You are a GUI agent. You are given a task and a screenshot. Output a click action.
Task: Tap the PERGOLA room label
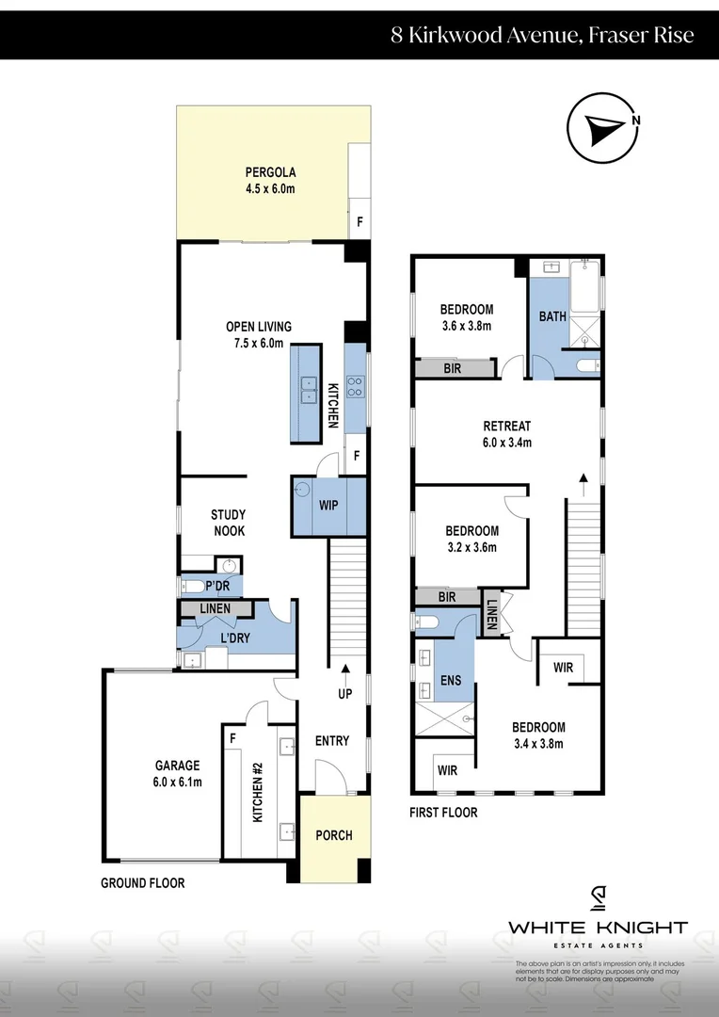[270, 180]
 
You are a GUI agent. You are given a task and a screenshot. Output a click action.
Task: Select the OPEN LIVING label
[259, 334]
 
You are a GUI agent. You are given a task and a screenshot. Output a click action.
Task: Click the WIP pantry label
[328, 505]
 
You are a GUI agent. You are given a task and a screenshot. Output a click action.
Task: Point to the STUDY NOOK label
[228, 523]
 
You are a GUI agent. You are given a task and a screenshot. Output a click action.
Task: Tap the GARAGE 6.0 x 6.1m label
[165, 773]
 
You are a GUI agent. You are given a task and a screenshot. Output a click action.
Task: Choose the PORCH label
[333, 835]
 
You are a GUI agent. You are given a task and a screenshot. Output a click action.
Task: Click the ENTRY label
[331, 741]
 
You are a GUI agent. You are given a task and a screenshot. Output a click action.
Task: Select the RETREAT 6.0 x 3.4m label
[507, 433]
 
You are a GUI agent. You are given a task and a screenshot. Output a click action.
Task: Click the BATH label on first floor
[552, 316]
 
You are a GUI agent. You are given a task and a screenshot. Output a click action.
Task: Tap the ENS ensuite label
[451, 680]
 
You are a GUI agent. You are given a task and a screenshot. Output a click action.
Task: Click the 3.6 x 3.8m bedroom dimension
[467, 326]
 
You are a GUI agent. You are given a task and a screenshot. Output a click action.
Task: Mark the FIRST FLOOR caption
[443, 812]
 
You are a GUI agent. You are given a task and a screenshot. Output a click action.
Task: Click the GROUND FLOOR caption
[143, 883]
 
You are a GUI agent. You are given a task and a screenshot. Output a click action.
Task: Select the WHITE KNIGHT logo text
[598, 928]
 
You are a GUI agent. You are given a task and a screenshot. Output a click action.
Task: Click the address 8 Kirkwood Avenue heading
[543, 36]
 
